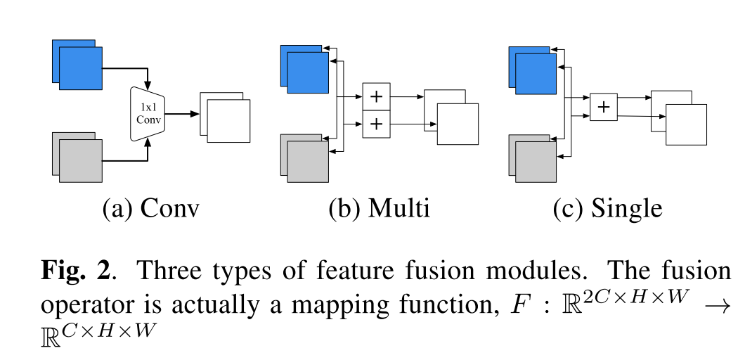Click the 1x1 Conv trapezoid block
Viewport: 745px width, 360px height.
click(148, 112)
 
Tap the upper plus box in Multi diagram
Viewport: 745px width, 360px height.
click(376, 94)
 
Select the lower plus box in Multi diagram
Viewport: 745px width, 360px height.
click(376, 124)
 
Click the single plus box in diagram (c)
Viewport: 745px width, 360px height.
click(603, 108)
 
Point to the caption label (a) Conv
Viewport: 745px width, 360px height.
click(150, 209)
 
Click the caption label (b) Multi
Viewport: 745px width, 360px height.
click(379, 209)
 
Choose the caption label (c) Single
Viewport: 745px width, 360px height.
click(607, 209)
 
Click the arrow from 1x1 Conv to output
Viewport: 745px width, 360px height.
click(181, 113)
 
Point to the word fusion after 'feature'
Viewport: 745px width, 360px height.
click(394, 270)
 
